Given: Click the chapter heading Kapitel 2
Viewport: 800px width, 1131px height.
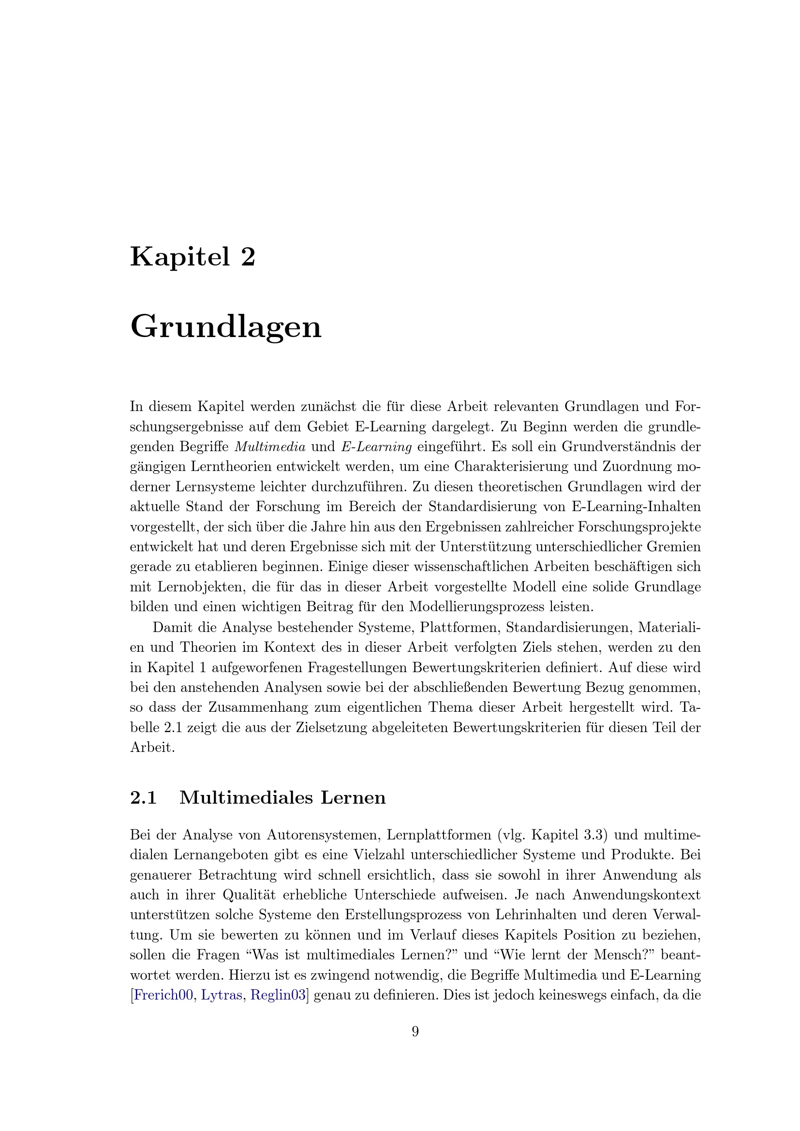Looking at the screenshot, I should [193, 258].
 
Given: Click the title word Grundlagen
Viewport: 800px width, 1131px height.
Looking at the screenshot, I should [225, 327].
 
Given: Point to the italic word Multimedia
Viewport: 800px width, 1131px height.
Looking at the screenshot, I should [270, 447].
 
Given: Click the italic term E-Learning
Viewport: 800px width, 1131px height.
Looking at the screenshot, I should [376, 447].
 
